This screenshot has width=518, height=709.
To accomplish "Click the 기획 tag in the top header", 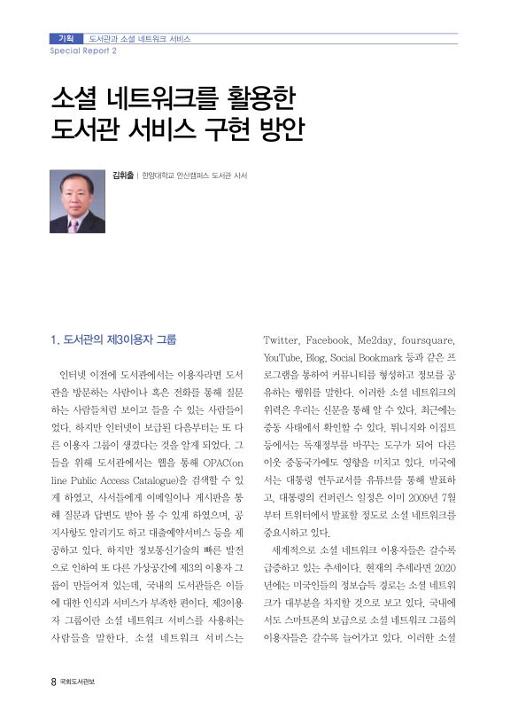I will point(65,39).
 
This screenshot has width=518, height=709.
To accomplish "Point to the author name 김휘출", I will point(121,175).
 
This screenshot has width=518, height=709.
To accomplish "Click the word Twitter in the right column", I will point(282,339).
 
